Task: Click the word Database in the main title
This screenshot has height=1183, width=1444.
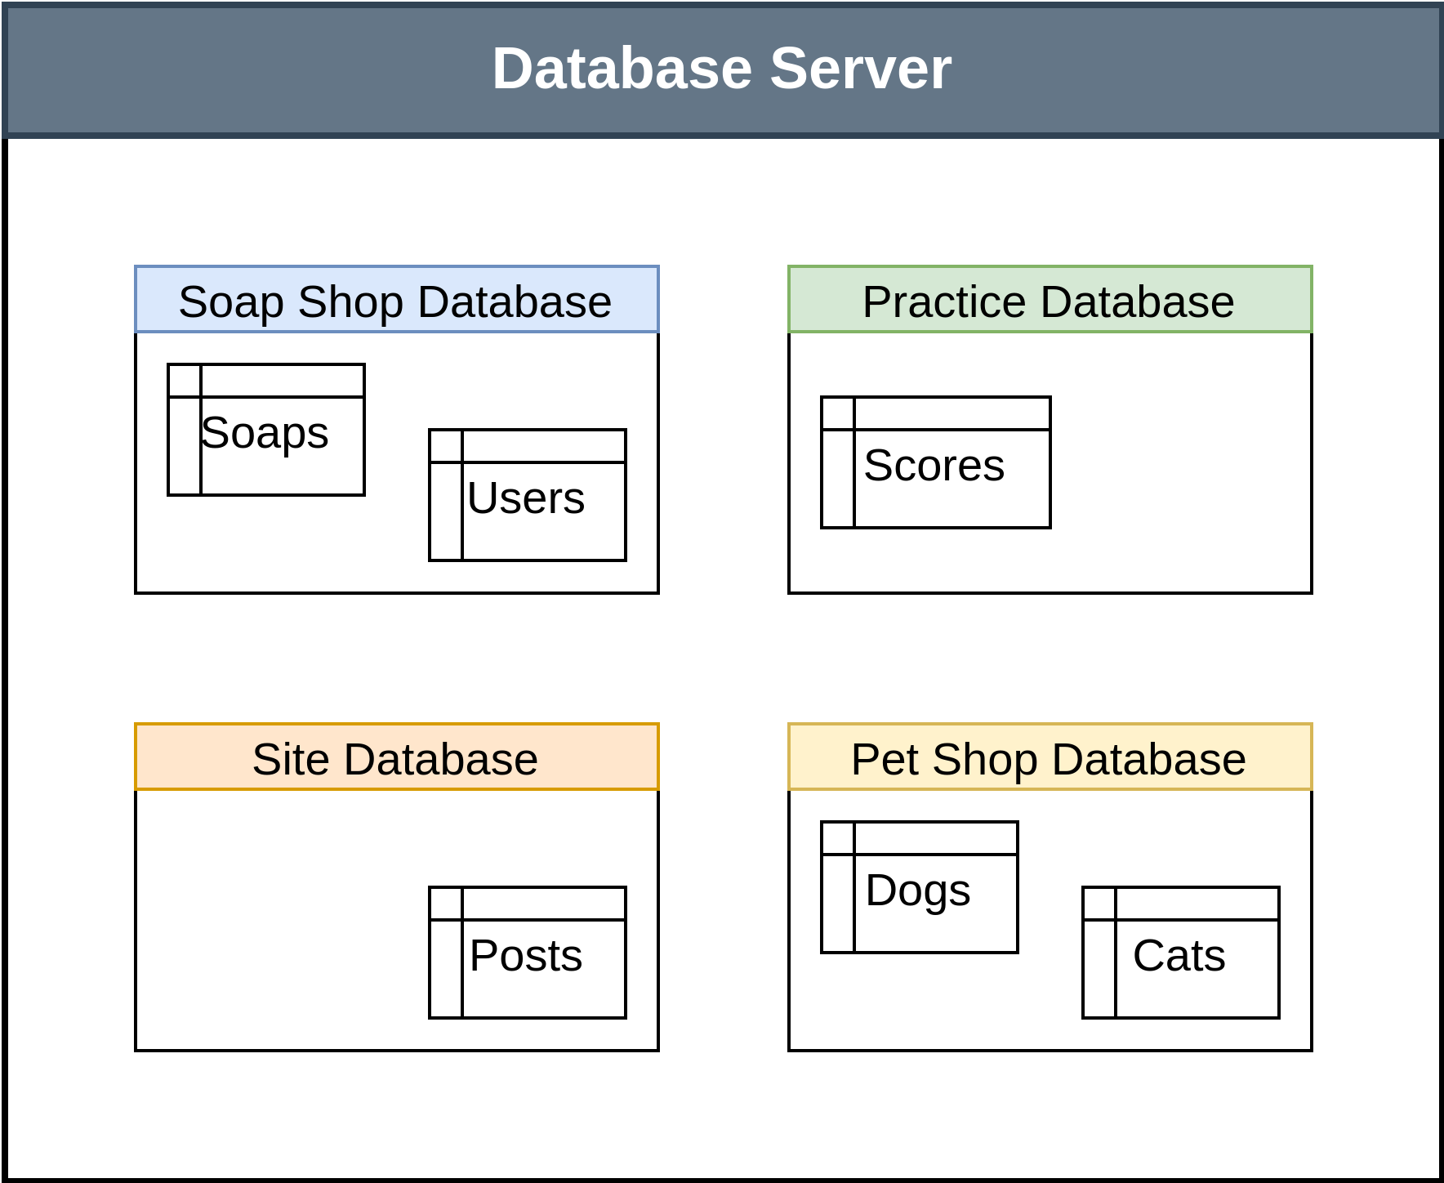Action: (622, 69)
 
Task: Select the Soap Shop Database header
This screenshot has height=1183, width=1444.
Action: (396, 300)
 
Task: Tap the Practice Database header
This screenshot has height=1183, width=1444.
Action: (1050, 300)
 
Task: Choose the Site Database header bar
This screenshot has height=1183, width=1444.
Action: (396, 757)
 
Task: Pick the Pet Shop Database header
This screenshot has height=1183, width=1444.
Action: (1050, 757)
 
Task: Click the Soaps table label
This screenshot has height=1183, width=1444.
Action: (265, 432)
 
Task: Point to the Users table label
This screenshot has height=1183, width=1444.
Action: (526, 498)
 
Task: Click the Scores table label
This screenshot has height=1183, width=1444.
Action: (934, 465)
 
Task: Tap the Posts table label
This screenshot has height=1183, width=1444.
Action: (526, 955)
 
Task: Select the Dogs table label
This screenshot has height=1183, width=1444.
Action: (918, 890)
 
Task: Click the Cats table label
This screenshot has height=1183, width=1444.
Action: (1179, 955)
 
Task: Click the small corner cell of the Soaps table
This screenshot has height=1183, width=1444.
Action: (185, 382)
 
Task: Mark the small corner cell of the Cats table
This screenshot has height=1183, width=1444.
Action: (1099, 904)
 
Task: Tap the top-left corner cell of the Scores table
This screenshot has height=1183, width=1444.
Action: (838, 414)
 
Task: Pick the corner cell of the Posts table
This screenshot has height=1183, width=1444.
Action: (446, 904)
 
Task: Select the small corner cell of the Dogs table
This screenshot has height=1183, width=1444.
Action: (838, 838)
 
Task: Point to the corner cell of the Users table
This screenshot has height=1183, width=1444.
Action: (446, 446)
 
